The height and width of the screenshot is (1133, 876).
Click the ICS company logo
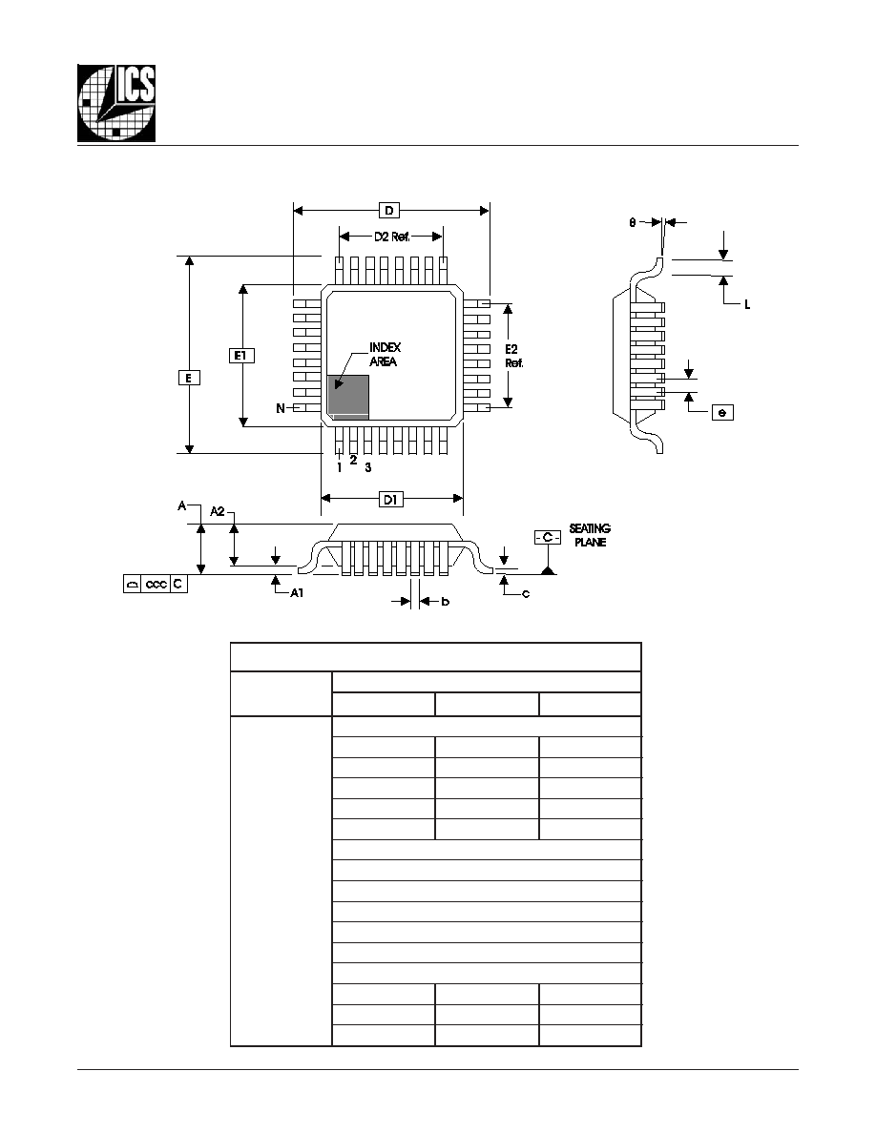(116, 103)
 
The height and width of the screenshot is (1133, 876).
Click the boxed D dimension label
(389, 210)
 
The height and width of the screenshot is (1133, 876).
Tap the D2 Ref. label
(391, 237)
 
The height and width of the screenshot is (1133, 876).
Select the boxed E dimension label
(189, 378)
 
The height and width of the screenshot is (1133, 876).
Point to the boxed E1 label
(241, 356)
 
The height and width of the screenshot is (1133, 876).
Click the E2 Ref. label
(513, 357)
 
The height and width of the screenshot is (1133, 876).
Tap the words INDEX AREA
(385, 355)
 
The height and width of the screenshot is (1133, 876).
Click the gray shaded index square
(348, 397)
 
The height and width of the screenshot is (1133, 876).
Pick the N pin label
(281, 409)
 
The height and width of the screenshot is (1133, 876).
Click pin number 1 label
(339, 467)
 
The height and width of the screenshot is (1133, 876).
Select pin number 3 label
(368, 467)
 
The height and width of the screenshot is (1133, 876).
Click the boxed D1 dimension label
(390, 500)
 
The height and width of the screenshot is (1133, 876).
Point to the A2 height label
(218, 511)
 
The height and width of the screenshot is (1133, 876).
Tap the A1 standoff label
(297, 593)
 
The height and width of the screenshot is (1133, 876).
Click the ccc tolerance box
(156, 584)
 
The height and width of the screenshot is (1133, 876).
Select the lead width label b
(446, 601)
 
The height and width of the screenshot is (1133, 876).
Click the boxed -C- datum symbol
(548, 537)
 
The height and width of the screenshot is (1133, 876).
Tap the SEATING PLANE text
(590, 535)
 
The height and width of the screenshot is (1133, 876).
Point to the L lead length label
(747, 305)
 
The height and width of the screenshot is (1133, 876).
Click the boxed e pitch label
(722, 412)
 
